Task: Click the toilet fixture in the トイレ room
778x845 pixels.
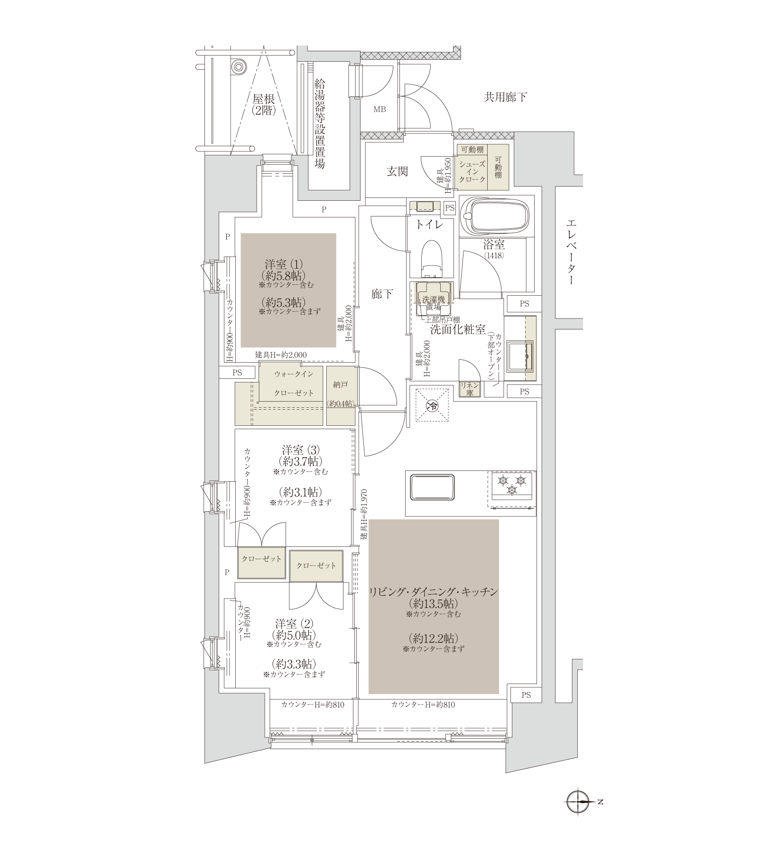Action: [x=432, y=259]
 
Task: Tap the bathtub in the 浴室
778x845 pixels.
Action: [x=496, y=216]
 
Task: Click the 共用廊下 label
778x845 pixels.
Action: [x=505, y=98]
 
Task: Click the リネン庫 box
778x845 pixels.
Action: [x=470, y=389]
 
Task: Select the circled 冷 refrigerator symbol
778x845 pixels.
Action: [x=432, y=405]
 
